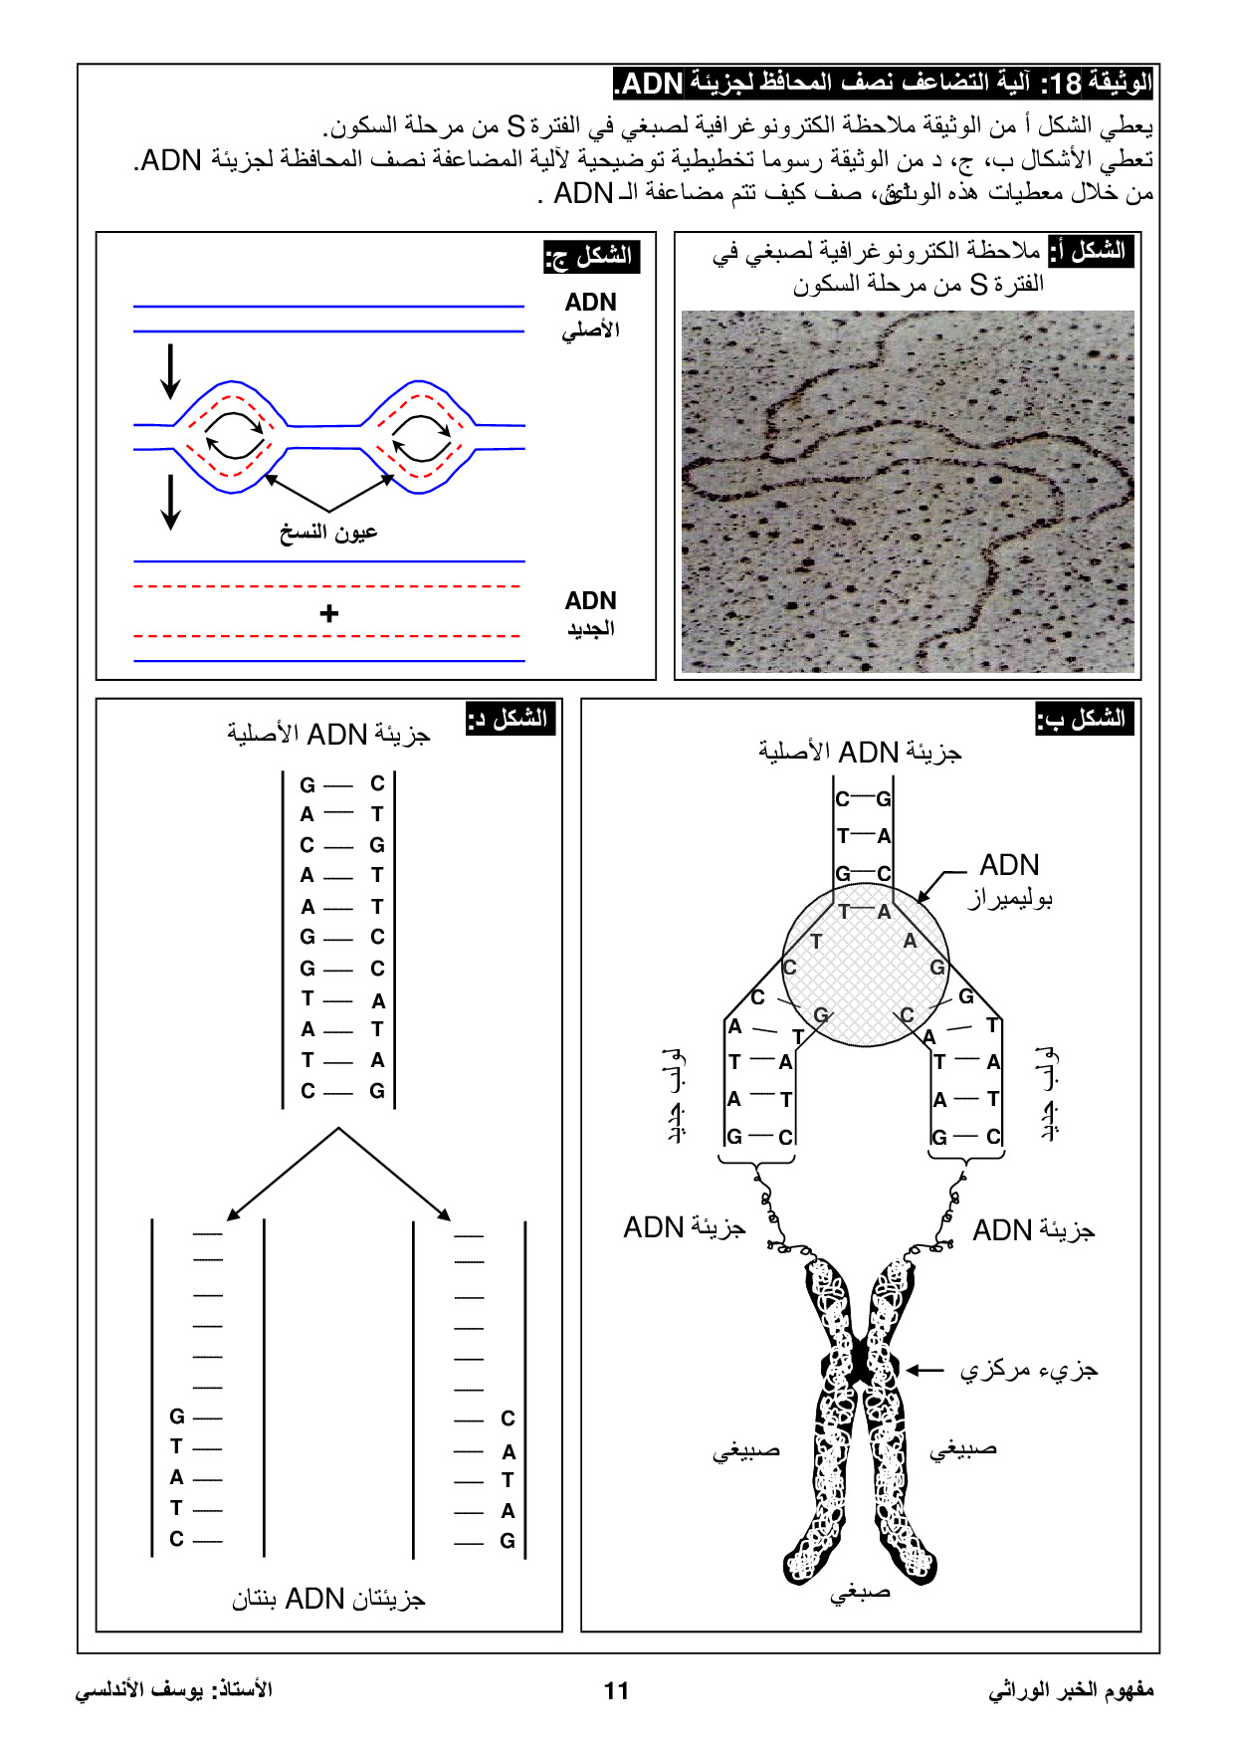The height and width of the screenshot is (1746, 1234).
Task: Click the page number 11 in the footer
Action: (x=616, y=1690)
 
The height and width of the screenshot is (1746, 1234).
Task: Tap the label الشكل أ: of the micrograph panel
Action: (x=1092, y=250)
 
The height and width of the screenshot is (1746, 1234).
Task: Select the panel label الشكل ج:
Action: (x=591, y=256)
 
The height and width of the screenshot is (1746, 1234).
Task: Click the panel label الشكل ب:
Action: (x=1085, y=718)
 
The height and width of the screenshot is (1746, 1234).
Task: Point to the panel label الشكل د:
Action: (x=510, y=718)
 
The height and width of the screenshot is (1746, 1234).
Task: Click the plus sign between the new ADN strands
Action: (x=329, y=613)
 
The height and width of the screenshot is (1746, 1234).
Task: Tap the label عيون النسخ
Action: (x=328, y=532)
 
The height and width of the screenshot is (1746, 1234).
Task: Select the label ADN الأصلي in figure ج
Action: (x=591, y=315)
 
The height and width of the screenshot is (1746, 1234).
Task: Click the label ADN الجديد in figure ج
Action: (x=591, y=613)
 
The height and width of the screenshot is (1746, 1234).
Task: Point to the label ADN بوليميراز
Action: (x=1010, y=880)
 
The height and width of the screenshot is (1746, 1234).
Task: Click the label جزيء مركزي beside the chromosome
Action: (x=1029, y=1371)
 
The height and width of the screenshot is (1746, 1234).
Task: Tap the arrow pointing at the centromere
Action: (x=925, y=1371)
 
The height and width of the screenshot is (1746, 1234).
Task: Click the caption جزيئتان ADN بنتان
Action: (x=328, y=1599)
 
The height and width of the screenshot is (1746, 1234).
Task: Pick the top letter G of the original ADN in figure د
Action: (x=308, y=784)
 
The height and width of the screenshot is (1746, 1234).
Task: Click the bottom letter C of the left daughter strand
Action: (x=176, y=1539)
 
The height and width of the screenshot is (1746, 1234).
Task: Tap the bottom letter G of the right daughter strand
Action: (x=508, y=1541)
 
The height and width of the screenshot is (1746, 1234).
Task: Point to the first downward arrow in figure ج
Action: (x=171, y=370)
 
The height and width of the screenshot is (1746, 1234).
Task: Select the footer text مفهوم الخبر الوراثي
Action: (x=1071, y=1690)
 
